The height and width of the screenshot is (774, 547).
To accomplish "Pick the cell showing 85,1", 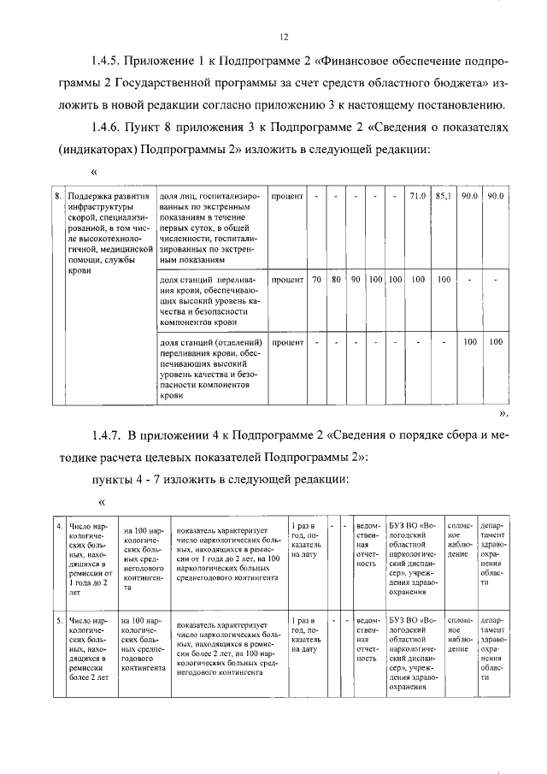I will click(443, 197).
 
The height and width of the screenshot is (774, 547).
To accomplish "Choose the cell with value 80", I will click(336, 280).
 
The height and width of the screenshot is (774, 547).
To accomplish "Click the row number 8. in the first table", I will click(58, 197).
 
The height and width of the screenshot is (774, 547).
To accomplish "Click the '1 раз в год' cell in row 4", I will click(306, 540).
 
